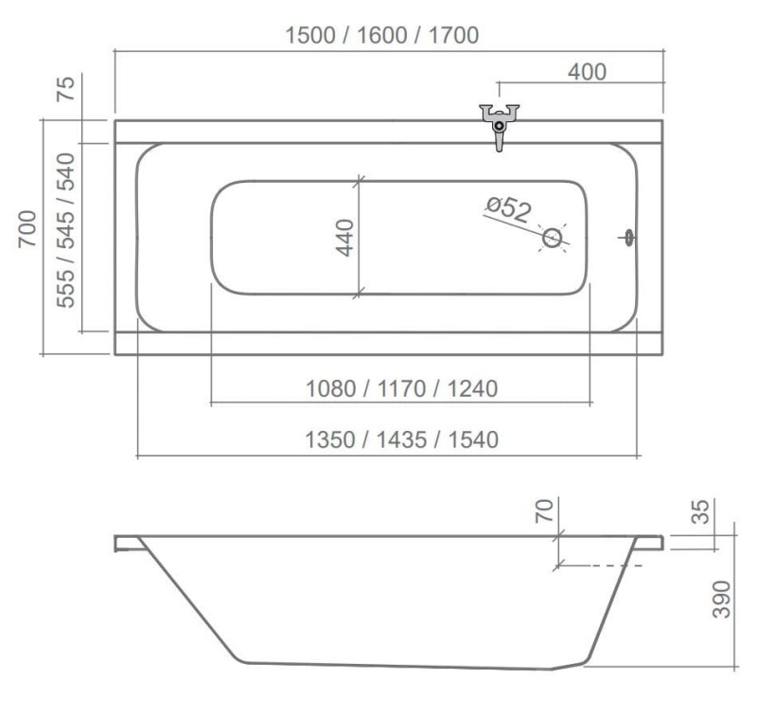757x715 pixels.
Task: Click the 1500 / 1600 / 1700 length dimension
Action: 382,35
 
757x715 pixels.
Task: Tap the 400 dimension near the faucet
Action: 587,72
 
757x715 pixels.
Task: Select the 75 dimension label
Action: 66,88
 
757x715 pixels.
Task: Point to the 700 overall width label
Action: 27,229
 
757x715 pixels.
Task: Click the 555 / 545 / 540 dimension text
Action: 65,230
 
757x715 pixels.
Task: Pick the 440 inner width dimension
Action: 345,237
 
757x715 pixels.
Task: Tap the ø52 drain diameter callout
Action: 509,209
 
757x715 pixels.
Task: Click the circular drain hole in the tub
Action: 553,238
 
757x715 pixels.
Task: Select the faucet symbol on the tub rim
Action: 500,127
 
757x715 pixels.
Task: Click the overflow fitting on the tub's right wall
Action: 628,238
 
